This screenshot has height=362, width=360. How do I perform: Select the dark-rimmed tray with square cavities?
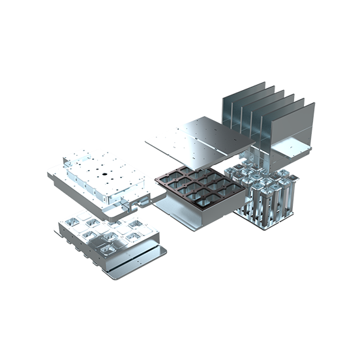point(196,189)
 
